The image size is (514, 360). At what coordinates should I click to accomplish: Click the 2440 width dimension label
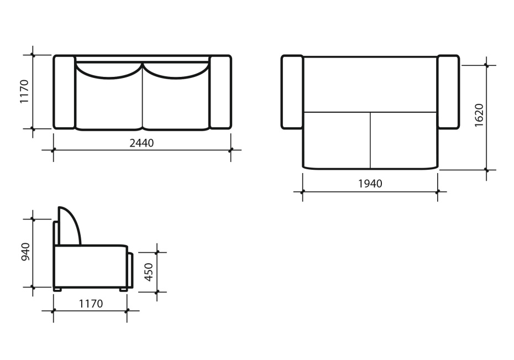[x=141, y=143]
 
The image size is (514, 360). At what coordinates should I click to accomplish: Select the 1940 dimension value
[x=370, y=184]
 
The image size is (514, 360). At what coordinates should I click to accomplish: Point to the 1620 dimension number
[x=479, y=115]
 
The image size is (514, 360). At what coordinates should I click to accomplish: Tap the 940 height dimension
[x=25, y=252]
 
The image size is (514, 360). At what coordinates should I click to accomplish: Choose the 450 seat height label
[x=149, y=272]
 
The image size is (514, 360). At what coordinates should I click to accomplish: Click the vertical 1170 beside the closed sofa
[x=24, y=91]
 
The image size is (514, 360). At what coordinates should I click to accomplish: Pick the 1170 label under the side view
[x=91, y=304]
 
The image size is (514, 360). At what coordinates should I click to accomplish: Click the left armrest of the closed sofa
[x=64, y=92]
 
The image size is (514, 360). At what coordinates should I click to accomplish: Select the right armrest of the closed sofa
[x=221, y=92]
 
